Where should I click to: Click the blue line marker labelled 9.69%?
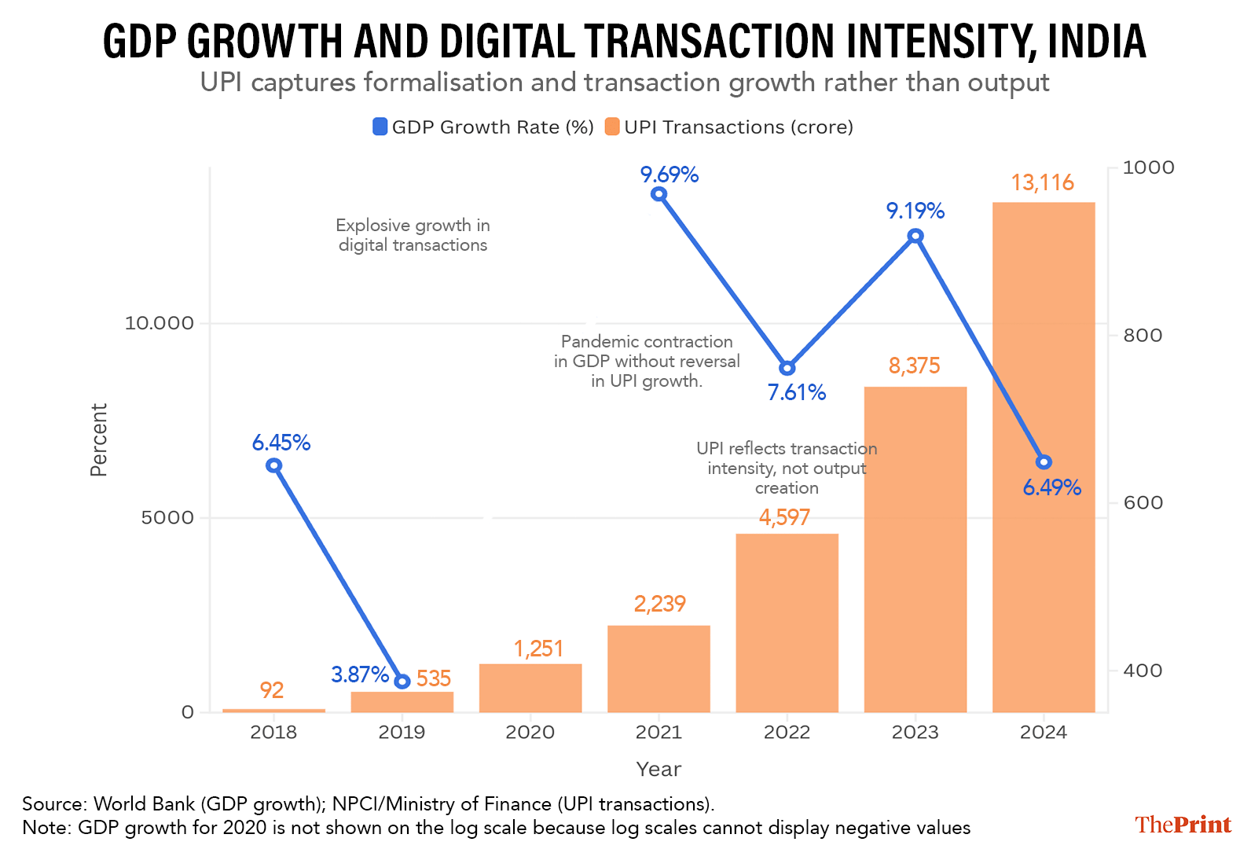pos(659,194)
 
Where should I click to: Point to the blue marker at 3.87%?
pos(402,681)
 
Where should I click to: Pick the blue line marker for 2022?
pos(787,368)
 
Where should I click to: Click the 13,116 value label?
pos(1042,183)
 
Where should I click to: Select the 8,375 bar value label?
pos(914,366)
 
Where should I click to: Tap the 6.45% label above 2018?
pos(281,443)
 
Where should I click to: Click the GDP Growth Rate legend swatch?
pos(380,127)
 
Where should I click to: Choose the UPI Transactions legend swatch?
pos(612,127)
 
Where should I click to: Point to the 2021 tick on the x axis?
pos(659,732)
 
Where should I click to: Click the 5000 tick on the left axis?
pos(167,517)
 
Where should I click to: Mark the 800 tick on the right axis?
pos(1143,335)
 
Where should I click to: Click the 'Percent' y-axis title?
pos(98,440)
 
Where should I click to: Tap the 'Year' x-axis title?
pos(659,769)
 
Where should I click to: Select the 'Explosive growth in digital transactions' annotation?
pos(413,235)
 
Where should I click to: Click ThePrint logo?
pos(1183,824)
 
